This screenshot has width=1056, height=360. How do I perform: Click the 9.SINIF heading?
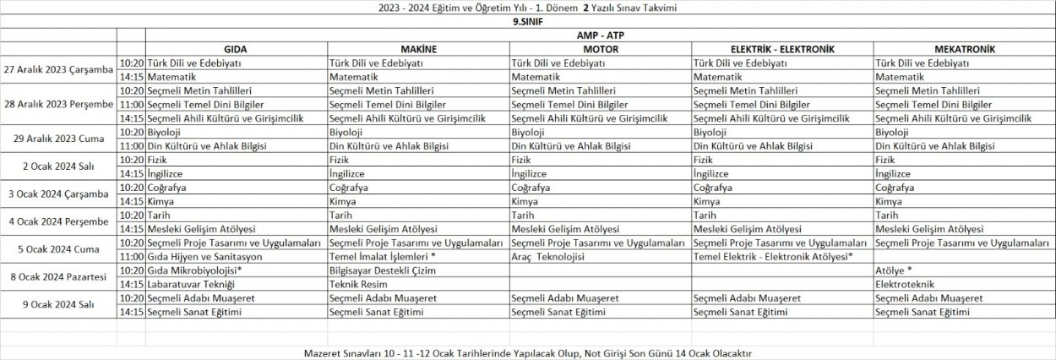(527, 22)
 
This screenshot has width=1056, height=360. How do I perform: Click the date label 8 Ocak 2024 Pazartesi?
(57, 276)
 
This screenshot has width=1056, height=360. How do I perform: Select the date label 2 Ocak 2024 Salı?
(57, 166)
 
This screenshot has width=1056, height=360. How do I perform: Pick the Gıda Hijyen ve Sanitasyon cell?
(204, 256)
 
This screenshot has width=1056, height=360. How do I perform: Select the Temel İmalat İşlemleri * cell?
(383, 256)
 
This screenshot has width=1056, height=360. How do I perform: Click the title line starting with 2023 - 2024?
(527, 8)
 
